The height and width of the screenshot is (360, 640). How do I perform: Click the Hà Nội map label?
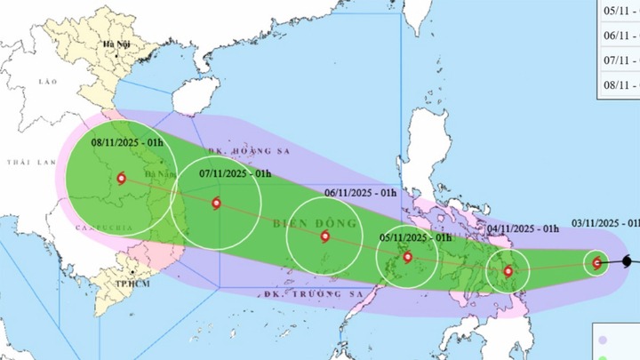(x=116, y=44)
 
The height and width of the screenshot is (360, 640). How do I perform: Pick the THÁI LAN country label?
(x=26, y=163)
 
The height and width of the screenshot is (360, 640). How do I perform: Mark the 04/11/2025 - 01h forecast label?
(x=523, y=229)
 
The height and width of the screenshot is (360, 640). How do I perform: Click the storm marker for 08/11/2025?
(x=121, y=179)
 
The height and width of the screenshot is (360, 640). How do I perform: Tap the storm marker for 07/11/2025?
(x=217, y=204)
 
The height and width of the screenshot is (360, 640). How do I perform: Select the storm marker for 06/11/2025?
(x=324, y=236)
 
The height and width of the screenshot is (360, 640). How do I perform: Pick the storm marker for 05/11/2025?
(x=407, y=258)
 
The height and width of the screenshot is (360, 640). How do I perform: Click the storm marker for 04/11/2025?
(x=508, y=272)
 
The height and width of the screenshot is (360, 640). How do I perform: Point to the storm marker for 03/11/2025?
(x=596, y=262)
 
